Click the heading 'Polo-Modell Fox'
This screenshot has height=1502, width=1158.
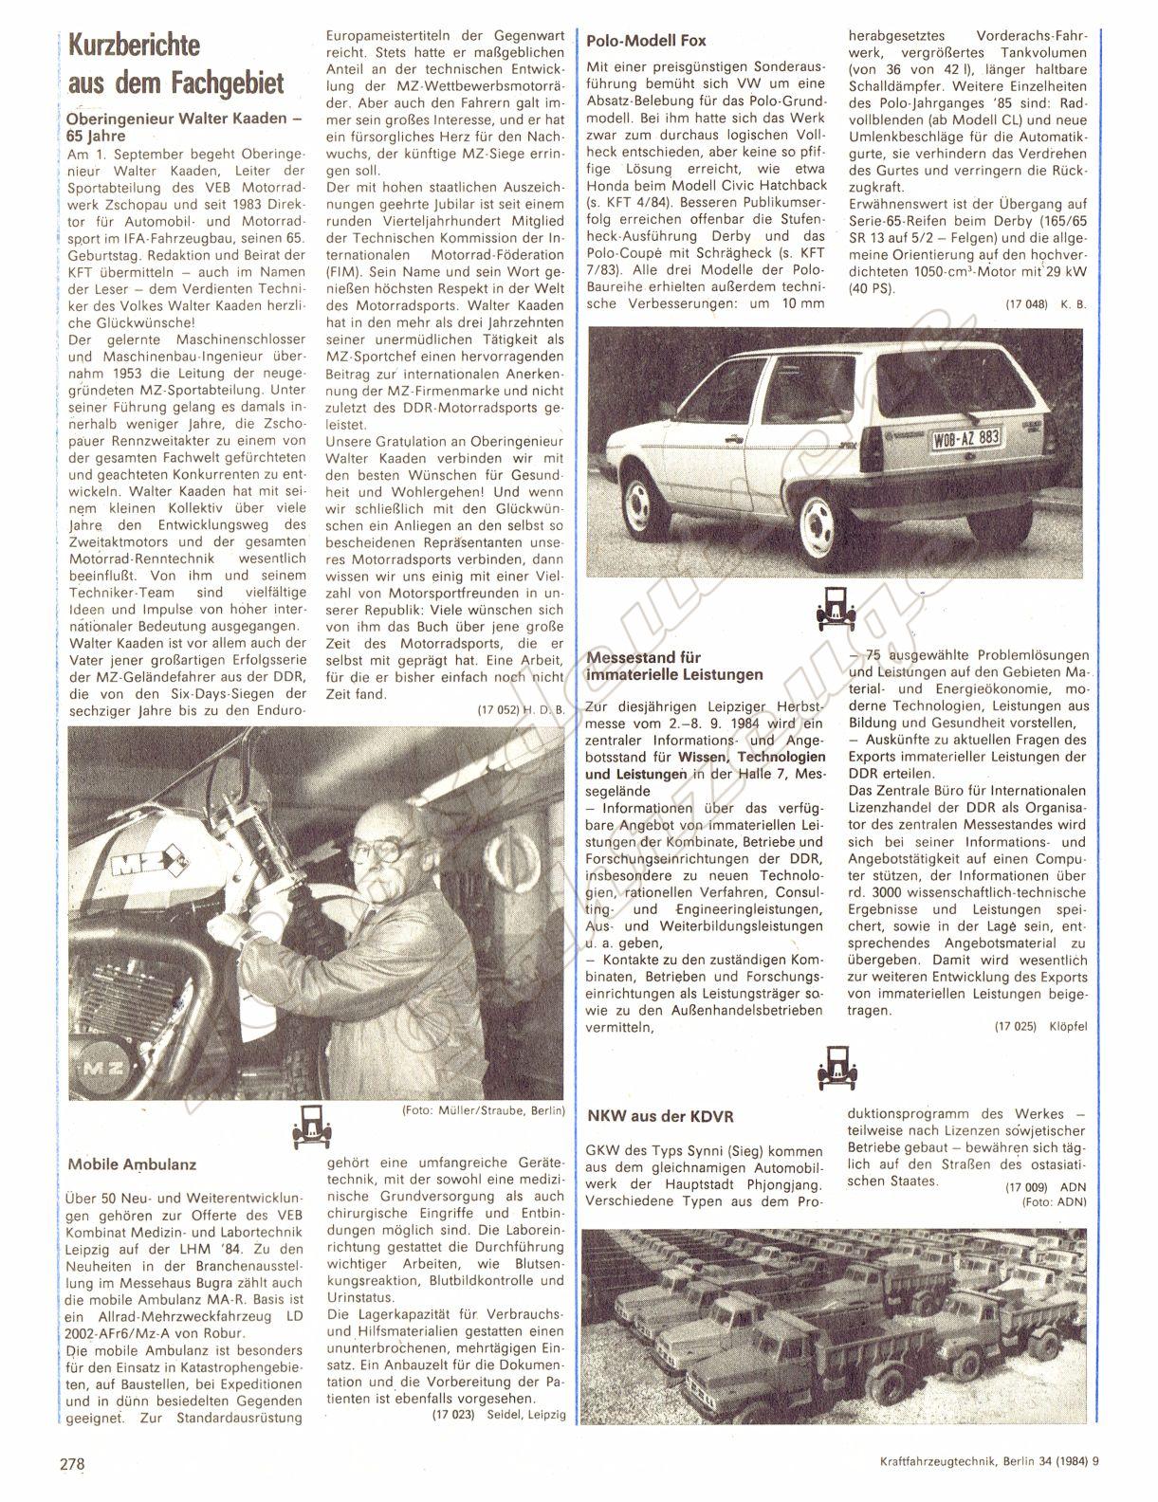point(646,41)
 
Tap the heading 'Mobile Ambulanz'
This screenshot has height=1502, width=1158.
point(133,1163)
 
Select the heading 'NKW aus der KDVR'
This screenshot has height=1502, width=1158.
point(660,1116)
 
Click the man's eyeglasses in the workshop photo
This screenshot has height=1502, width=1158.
point(395,849)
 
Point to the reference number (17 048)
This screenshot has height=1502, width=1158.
point(1025,303)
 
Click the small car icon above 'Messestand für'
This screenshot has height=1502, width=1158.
point(833,609)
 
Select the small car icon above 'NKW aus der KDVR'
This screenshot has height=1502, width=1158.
point(833,1067)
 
